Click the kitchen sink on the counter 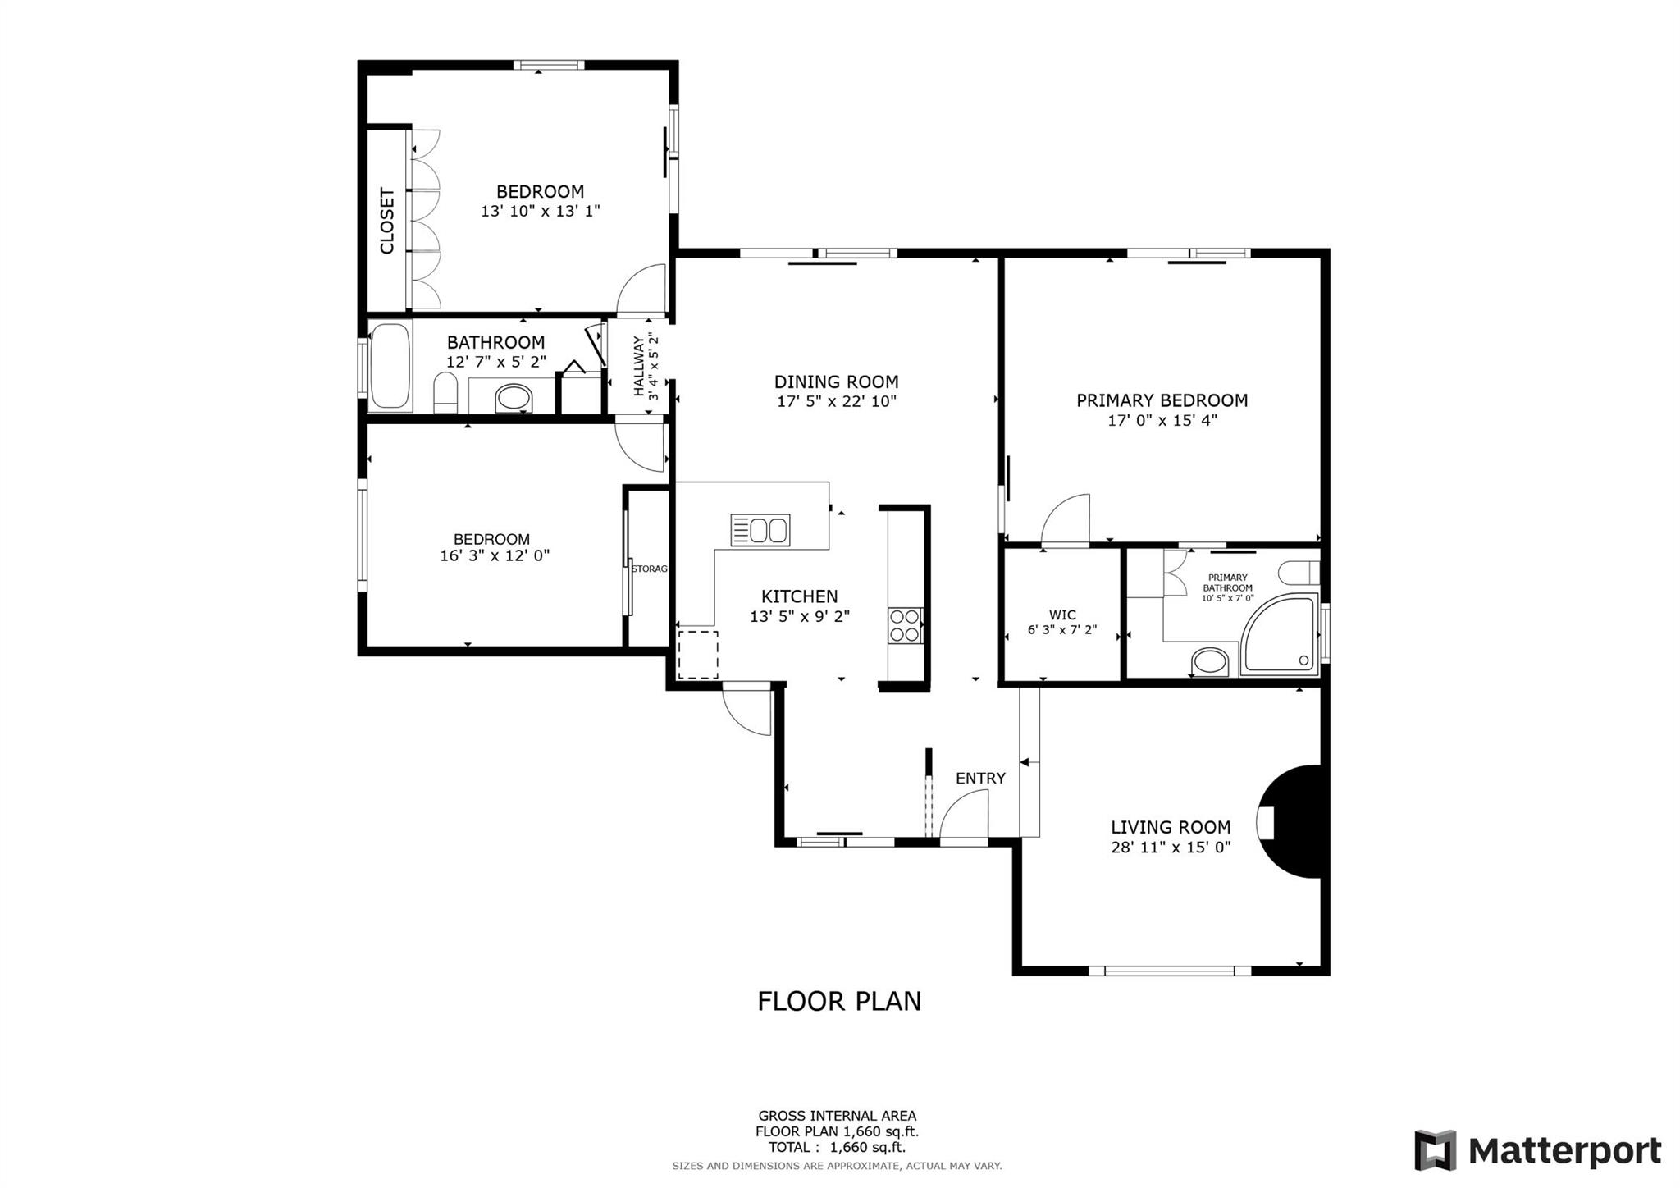click(760, 530)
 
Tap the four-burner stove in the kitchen click(905, 625)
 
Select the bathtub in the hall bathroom click(390, 366)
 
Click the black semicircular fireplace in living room click(1291, 822)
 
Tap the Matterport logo click(1537, 1150)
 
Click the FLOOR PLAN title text click(839, 1001)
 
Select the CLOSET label click(387, 221)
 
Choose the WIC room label click(1062, 615)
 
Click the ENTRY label click(980, 778)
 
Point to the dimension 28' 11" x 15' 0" click(1171, 848)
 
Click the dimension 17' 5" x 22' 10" click(837, 401)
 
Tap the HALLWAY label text click(638, 366)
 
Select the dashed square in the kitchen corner click(698, 655)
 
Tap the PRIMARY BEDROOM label click(1162, 400)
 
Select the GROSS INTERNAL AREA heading click(837, 1116)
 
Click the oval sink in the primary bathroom click(1209, 660)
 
